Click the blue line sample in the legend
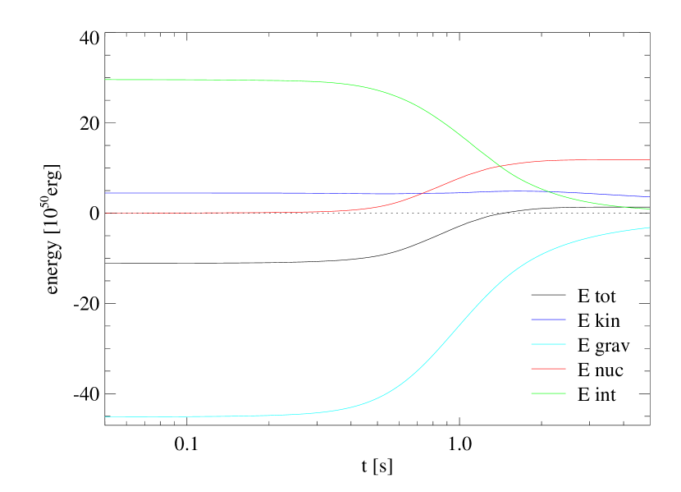tap(548, 319)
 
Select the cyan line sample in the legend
tap(548, 343)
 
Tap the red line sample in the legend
tap(548, 368)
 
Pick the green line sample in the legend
tap(548, 393)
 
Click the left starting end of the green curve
tap(106, 80)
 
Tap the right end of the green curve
tap(649, 209)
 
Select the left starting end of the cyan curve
tap(106, 416)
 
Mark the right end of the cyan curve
tap(649, 228)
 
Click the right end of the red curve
tap(649, 159)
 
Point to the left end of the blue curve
tap(106, 192)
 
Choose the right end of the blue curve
tap(649, 197)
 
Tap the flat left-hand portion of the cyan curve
tap(205, 416)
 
